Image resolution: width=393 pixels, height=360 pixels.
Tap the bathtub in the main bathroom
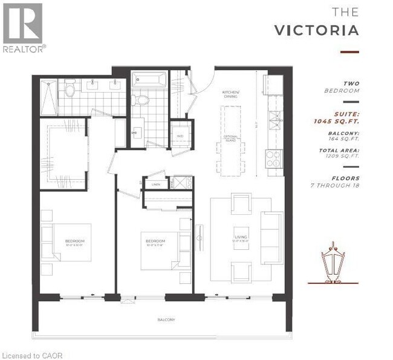point(148,79)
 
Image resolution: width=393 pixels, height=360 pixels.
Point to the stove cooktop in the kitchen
point(274,159)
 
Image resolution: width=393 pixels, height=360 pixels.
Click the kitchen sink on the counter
point(275,117)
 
